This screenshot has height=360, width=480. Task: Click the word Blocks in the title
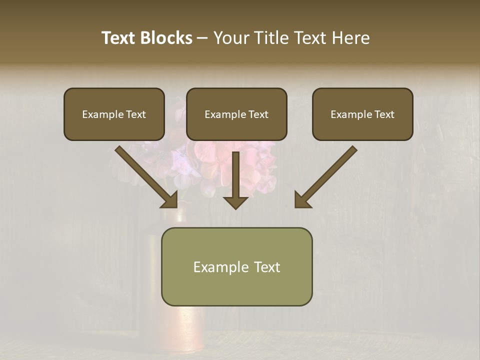(x=166, y=38)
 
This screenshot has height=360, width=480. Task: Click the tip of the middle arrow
(x=235, y=207)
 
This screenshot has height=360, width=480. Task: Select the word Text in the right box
(x=384, y=114)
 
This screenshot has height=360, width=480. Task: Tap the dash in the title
(x=202, y=38)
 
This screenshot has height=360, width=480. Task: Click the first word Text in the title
(x=119, y=38)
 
